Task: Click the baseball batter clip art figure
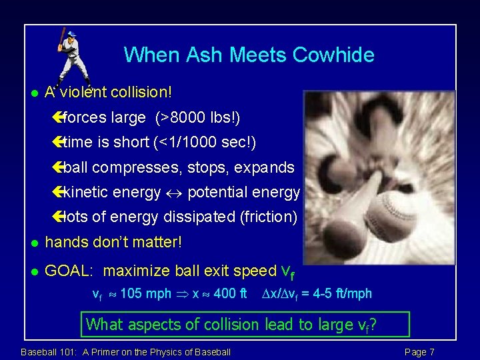point(71,56)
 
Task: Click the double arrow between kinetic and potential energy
point(174,193)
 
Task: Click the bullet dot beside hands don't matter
point(35,243)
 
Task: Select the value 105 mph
point(145,293)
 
